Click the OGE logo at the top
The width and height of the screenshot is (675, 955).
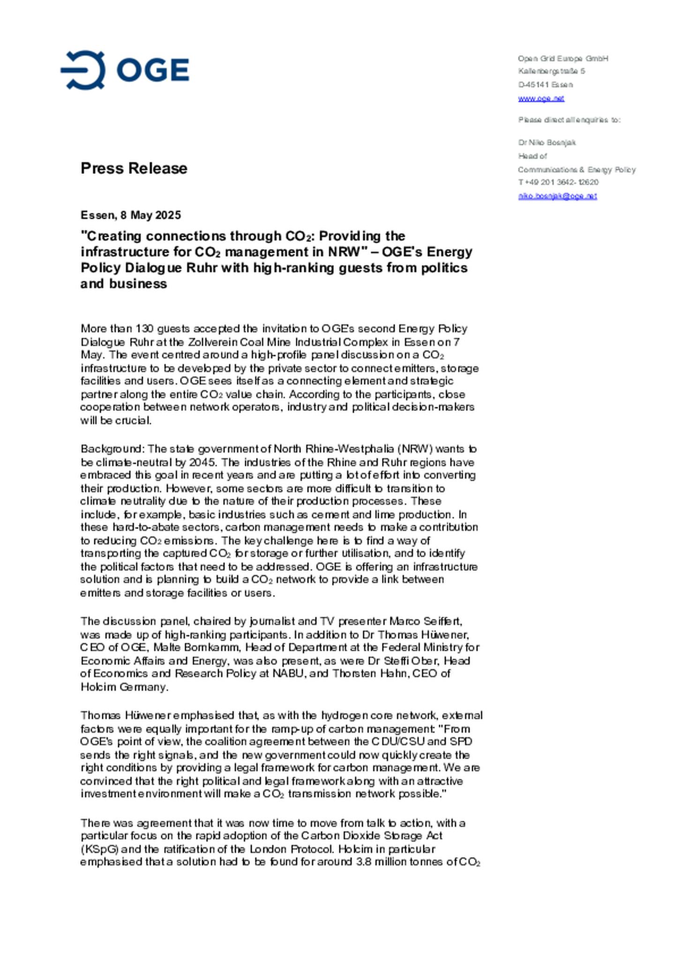[125, 70]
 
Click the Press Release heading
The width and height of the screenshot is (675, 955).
[134, 168]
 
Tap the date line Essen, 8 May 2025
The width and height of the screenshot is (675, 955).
[130, 215]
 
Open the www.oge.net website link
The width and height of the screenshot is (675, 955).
[541, 98]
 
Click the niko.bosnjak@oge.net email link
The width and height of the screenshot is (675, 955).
[557, 196]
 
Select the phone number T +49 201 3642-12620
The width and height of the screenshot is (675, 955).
[558, 182]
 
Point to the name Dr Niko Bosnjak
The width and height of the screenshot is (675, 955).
[547, 142]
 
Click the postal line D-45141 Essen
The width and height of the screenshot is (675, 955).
[545, 85]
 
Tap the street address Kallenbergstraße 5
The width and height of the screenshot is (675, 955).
[551, 71]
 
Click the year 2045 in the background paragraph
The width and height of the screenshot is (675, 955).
[202, 462]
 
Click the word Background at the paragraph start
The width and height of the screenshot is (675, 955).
[111, 449]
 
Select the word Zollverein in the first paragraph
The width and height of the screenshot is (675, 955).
[213, 342]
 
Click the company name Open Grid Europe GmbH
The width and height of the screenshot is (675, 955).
[562, 59]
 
